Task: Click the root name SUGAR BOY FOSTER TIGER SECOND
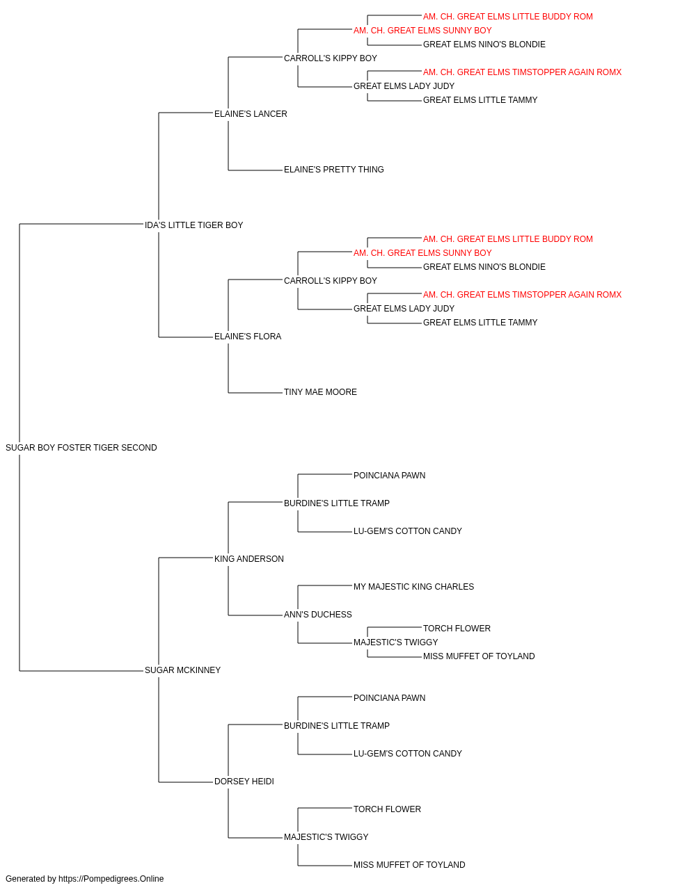(x=81, y=448)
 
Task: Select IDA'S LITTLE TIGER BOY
(x=194, y=225)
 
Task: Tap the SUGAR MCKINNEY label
(x=182, y=670)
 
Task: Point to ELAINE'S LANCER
(x=251, y=114)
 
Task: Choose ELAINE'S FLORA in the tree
(x=248, y=337)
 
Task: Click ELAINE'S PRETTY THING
(x=333, y=170)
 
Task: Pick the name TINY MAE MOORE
(x=320, y=392)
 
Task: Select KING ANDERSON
(x=248, y=558)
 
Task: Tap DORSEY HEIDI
(x=244, y=781)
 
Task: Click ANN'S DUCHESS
(x=317, y=615)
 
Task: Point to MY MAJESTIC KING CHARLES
(x=413, y=587)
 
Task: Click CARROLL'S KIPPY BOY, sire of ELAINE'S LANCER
(x=331, y=58)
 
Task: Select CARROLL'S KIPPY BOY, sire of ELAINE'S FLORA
(x=331, y=280)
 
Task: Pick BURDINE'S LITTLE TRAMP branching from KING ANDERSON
(x=337, y=503)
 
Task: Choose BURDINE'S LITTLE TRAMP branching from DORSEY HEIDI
(x=337, y=725)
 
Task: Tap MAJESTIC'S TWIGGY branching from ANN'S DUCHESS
(x=395, y=642)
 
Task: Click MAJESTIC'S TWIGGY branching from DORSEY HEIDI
(x=326, y=836)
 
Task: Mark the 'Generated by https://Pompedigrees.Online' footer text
(x=84, y=879)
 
